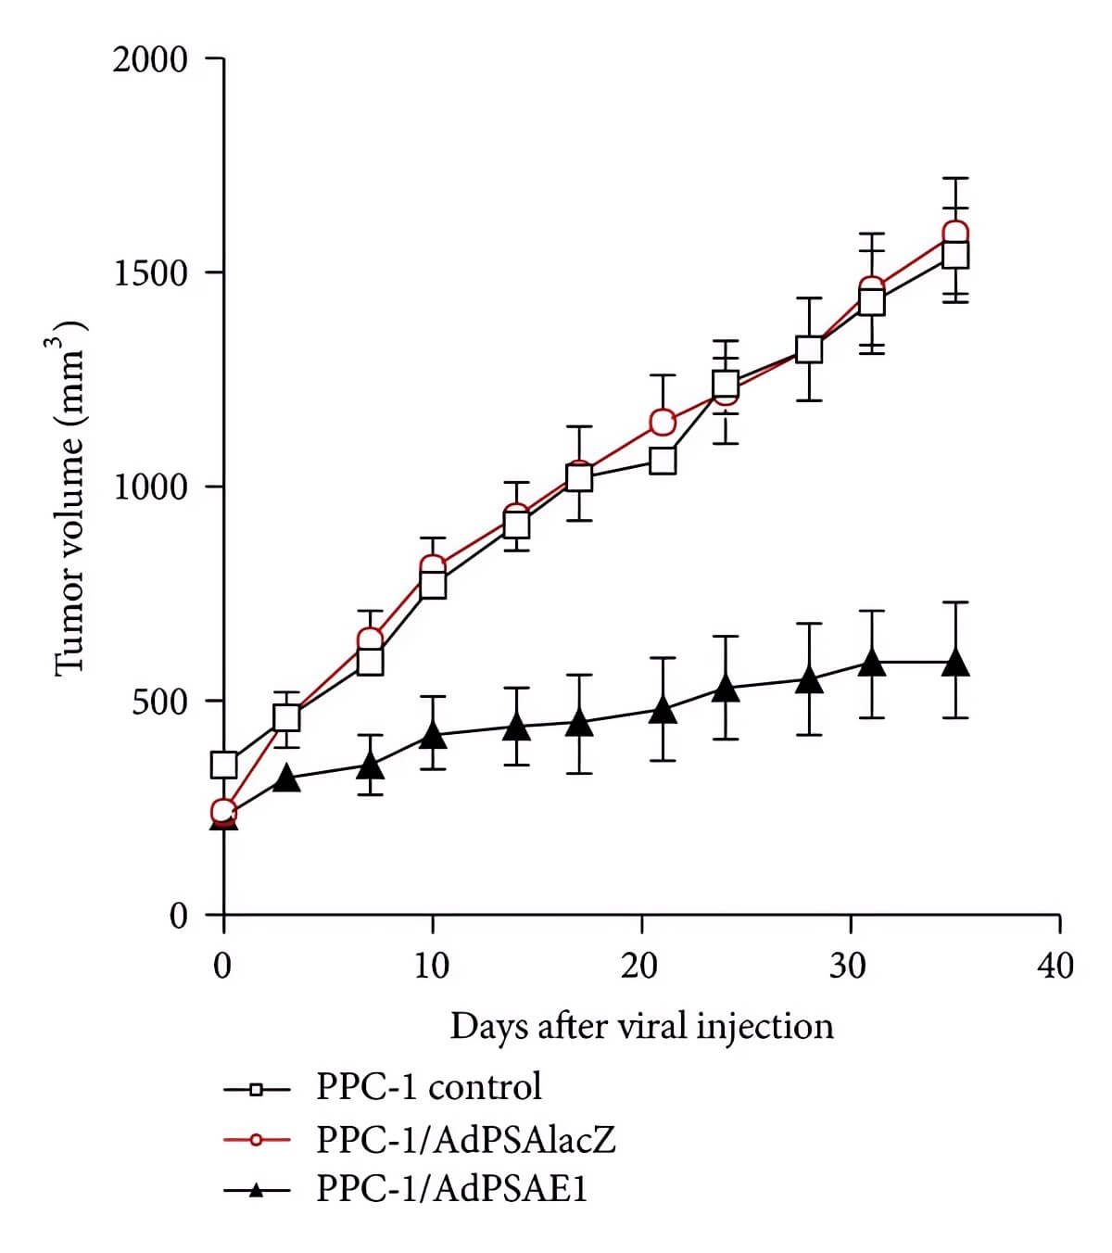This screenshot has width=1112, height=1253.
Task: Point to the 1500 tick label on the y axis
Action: coord(149,273)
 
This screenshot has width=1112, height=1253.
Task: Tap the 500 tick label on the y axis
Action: coord(159,702)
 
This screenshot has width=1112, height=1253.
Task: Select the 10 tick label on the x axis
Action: coord(431,966)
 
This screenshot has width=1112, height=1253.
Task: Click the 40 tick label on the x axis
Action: coord(1056,966)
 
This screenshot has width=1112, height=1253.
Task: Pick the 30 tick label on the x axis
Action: coord(848,966)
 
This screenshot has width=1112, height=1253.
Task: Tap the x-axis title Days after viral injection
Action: coord(641,1026)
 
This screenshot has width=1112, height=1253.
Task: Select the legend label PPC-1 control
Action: coord(428,1086)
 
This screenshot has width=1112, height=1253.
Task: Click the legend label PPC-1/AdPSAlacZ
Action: coord(465,1138)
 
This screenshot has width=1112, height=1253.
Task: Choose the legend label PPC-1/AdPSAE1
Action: coord(451,1188)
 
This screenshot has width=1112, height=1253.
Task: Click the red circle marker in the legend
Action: coord(257,1139)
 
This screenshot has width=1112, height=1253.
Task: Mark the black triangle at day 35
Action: coord(955,662)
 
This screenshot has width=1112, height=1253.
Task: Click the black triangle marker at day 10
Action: coord(433,734)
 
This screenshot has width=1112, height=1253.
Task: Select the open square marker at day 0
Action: coord(224,765)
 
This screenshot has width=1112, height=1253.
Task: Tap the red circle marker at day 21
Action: coord(663,422)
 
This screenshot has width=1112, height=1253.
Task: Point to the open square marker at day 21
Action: coord(663,461)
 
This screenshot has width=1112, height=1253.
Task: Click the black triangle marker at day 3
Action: coord(287,778)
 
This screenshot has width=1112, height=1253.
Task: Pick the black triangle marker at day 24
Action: coord(726,689)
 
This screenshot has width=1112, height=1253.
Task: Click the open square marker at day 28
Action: coord(809,349)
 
